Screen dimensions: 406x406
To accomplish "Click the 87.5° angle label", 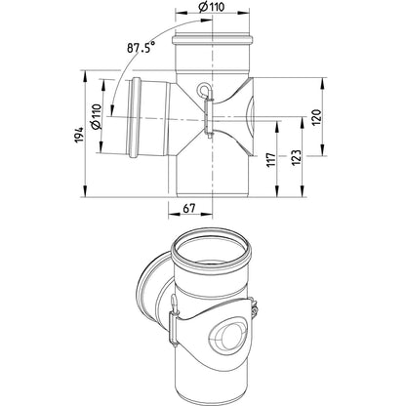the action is click(x=141, y=48).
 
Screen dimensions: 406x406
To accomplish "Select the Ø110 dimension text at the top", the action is click(x=212, y=7).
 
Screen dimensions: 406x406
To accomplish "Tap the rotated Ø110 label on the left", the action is click(x=97, y=117).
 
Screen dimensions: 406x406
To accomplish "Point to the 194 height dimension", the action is click(x=80, y=136).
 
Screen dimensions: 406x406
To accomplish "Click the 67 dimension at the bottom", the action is click(x=188, y=208).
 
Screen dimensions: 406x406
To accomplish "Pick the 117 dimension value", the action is click(x=271, y=159).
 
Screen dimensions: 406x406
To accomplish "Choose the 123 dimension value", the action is click(x=297, y=157).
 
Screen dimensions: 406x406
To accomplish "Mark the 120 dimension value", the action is click(x=316, y=117).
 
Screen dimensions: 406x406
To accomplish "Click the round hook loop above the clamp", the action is click(x=204, y=89).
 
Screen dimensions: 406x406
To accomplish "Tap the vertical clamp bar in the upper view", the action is click(x=208, y=117).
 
